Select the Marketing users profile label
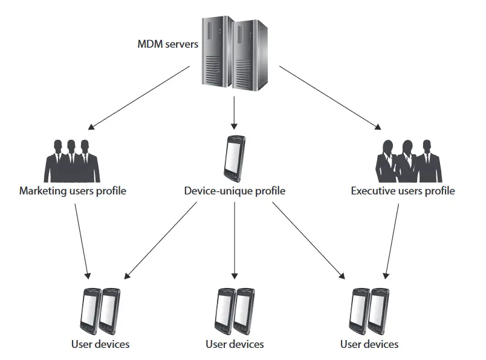point(73,191)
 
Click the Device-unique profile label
point(235,191)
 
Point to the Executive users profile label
point(403,191)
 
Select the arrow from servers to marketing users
point(140,98)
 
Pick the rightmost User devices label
point(369,344)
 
